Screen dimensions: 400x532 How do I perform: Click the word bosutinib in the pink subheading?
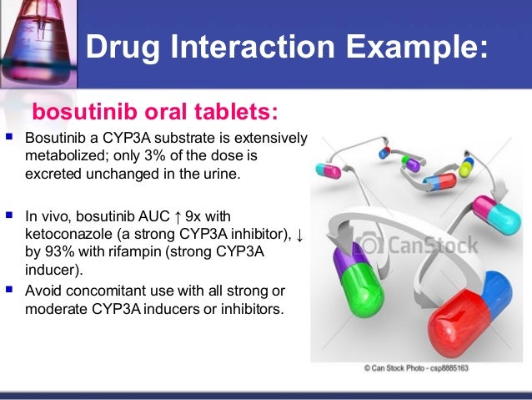pyautogui.click(x=85, y=112)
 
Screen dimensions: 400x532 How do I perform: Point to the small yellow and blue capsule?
pyautogui.click(x=466, y=165)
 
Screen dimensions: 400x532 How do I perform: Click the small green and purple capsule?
pyautogui.click(x=411, y=163)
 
